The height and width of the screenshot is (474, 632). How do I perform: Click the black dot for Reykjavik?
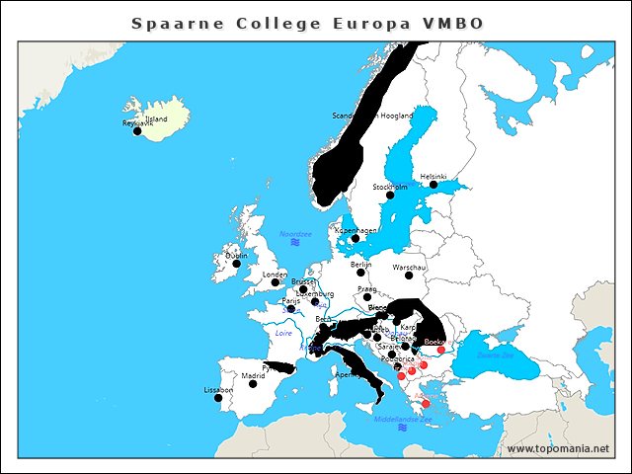[x=137, y=130]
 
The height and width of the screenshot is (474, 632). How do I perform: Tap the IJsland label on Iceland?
[x=156, y=118]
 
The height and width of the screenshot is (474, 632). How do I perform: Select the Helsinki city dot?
[x=434, y=185]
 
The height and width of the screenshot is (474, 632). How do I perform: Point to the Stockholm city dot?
[x=390, y=195]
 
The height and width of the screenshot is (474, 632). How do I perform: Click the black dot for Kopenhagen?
[x=355, y=238]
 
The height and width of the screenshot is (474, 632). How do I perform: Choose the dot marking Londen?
[x=276, y=281]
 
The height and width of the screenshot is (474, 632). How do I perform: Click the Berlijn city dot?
[x=361, y=273]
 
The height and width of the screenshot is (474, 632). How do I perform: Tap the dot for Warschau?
[x=409, y=276]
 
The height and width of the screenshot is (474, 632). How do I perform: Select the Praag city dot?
[x=367, y=296]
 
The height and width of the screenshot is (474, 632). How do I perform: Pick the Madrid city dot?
[x=253, y=383]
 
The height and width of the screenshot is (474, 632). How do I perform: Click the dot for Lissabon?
[x=218, y=397]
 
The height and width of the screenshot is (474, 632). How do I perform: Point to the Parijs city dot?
[x=290, y=308]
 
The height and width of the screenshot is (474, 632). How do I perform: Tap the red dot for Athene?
[x=426, y=403]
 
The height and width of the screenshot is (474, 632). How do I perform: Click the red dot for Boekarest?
[x=440, y=350]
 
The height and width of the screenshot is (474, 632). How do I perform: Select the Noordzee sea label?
[x=295, y=234]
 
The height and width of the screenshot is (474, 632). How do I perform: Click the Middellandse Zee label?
[x=403, y=420]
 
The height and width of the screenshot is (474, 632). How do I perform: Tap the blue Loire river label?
[x=282, y=335]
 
